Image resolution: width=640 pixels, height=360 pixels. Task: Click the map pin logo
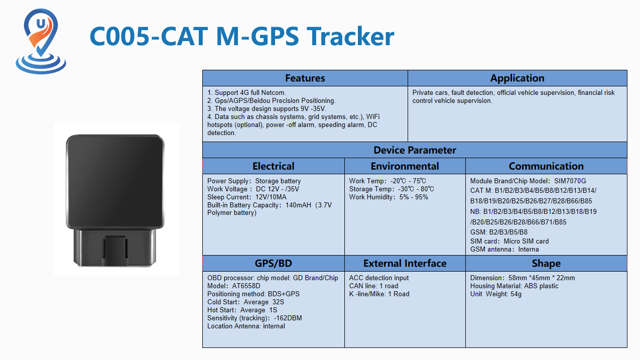[41, 41]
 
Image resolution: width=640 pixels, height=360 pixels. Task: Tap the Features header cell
[305, 78]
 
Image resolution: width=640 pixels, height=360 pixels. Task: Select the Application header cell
[517, 78]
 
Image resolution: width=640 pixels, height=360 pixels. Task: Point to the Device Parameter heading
[415, 150]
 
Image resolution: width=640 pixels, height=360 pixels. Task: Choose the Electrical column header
[273, 166]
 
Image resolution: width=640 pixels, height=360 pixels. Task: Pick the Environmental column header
[405, 166]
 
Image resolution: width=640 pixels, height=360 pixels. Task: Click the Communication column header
[546, 166]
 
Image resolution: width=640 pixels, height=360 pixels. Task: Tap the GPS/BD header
[273, 263]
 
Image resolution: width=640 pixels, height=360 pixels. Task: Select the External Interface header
[405, 263]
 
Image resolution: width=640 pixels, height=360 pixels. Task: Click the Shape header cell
[546, 263]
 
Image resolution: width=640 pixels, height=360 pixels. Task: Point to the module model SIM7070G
[570, 181]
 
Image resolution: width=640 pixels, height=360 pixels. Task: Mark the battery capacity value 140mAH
[298, 205]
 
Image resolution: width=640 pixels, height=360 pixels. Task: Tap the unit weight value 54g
[516, 294]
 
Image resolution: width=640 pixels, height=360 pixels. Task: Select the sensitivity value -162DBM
[288, 318]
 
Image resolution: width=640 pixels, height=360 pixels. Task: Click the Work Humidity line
[389, 197]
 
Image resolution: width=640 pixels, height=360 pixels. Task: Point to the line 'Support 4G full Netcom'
[246, 92]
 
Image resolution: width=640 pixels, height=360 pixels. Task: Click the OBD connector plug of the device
[115, 247]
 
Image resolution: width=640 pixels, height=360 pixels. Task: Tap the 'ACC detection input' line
[379, 278]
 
